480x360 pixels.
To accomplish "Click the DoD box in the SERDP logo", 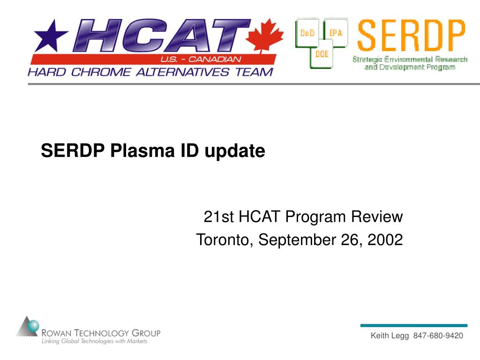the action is [x=307, y=33].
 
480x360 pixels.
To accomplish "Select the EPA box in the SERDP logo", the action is [x=336, y=33].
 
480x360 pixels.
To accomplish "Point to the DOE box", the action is [x=322, y=54].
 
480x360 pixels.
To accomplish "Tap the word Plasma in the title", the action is [x=142, y=150].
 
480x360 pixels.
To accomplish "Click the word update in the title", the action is [x=234, y=151].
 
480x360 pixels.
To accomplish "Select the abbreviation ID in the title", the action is [x=189, y=150].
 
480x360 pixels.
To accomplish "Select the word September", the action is [x=297, y=240].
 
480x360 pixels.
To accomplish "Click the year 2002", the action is [x=385, y=240].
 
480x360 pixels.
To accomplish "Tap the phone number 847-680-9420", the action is [x=438, y=336].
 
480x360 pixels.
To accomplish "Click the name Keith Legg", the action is [x=390, y=336].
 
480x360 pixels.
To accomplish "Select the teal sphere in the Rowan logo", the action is [x=33, y=326].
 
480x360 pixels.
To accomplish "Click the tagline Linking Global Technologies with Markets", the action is [x=94, y=341].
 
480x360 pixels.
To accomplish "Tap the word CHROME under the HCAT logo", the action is [x=101, y=72].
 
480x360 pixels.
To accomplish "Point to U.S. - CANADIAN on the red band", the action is [x=201, y=59].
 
